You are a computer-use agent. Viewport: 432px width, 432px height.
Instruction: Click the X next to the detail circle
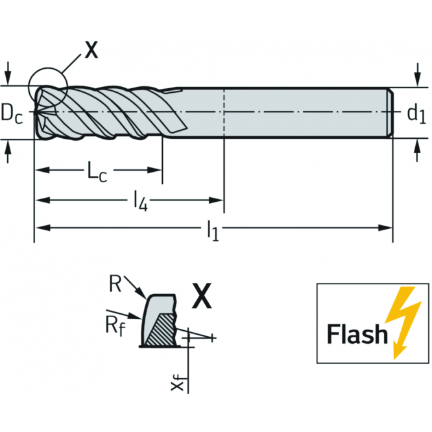pos(91,50)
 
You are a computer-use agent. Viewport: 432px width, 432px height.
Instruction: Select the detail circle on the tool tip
pos(47,88)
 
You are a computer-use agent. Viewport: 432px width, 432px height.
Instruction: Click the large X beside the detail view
pos(203,299)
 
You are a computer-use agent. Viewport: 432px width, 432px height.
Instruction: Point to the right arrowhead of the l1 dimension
pos(387,228)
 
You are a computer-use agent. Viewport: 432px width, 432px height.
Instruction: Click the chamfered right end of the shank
pos(391,113)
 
